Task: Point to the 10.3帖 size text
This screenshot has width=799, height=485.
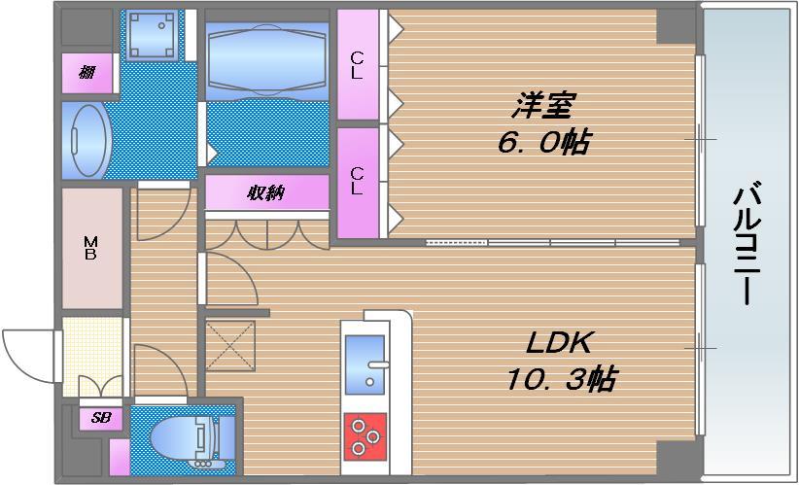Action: click(559, 378)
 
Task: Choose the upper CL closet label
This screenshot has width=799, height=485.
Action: click(357, 64)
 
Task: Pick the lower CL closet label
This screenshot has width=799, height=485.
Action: click(357, 182)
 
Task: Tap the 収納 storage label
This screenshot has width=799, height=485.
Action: click(265, 192)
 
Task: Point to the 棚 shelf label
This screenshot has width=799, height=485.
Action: click(88, 72)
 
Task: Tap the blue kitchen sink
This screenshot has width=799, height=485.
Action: click(365, 363)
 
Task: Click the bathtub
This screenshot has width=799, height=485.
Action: click(266, 58)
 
